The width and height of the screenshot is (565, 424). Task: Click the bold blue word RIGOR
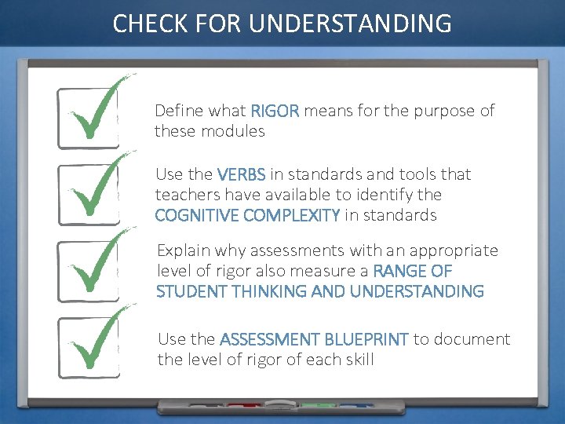pos(275,111)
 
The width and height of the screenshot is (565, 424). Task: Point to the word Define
pos(177,111)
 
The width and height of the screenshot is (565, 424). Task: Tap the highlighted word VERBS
pos(241,174)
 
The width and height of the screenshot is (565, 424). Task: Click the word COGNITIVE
pos(193,215)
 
